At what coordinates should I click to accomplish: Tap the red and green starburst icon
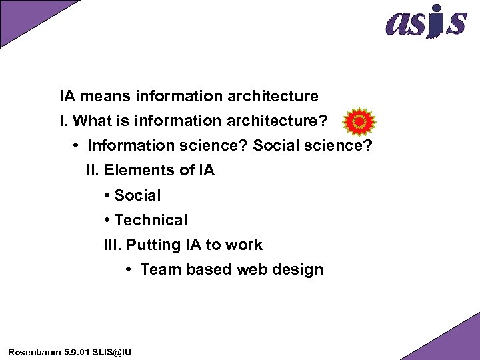pyautogui.click(x=359, y=121)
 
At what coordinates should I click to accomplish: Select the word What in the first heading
pyautogui.click(x=92, y=121)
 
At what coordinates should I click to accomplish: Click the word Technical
pyautogui.click(x=151, y=220)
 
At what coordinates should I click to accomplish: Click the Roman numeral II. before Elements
pyautogui.click(x=93, y=171)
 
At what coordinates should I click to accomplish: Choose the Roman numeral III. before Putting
pyautogui.click(x=113, y=245)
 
